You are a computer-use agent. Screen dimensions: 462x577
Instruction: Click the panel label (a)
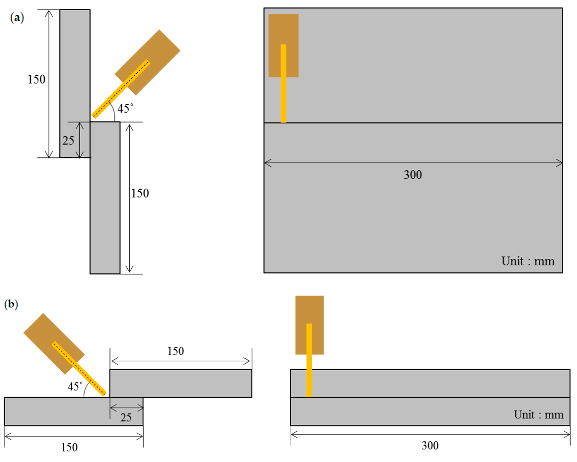click(17, 18)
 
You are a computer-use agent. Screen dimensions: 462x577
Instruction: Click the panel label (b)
click(11, 304)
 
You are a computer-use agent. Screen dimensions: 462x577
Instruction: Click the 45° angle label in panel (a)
click(125, 108)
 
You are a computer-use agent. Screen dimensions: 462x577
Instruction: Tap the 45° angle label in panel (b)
click(75, 386)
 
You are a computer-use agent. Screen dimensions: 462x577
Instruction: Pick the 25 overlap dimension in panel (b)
click(126, 418)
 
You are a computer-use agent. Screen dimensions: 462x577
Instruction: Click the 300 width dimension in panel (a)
click(413, 175)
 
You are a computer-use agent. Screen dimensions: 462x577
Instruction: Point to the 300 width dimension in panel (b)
click(430, 446)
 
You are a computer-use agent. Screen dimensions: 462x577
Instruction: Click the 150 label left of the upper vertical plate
click(37, 80)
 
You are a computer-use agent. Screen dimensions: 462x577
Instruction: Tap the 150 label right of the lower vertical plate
click(140, 193)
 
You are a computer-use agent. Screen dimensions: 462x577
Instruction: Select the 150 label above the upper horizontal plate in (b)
click(176, 351)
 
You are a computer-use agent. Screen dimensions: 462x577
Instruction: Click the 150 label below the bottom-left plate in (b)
click(69, 448)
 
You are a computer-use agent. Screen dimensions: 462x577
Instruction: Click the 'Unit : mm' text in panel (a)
click(528, 261)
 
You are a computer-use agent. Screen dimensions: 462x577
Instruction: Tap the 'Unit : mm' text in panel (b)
click(539, 415)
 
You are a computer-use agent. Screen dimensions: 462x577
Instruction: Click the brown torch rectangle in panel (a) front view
click(284, 30)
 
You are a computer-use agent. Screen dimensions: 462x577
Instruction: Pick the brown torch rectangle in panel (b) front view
click(309, 311)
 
